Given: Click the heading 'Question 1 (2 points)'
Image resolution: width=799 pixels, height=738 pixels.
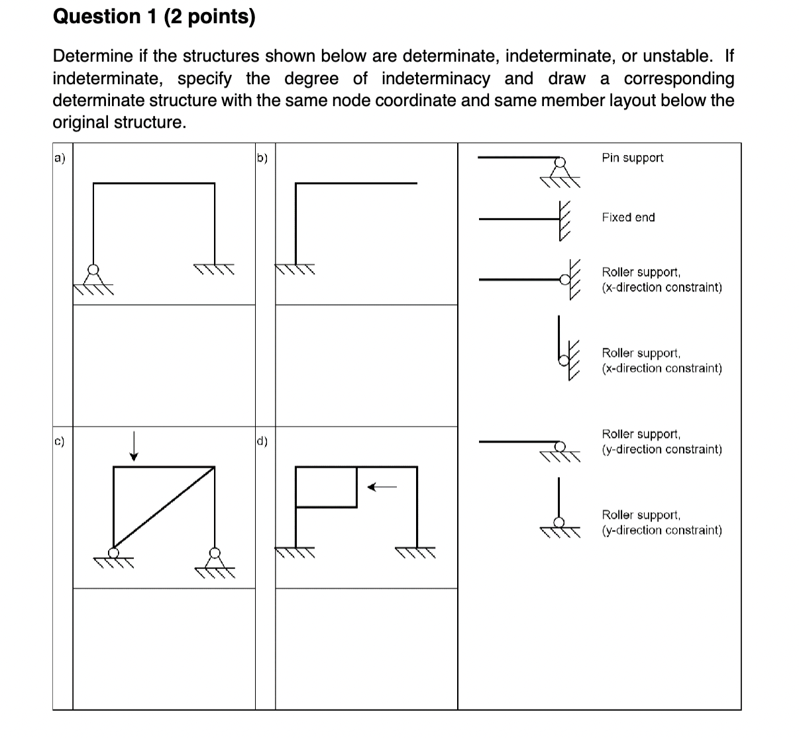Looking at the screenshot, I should click(154, 17).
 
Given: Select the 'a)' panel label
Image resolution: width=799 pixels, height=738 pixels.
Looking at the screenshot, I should click(60, 158).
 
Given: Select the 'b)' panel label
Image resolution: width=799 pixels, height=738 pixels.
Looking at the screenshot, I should click(262, 158).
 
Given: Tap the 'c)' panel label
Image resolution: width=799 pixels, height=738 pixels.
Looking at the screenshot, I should click(60, 441).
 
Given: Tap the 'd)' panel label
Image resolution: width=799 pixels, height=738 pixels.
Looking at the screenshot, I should click(262, 441).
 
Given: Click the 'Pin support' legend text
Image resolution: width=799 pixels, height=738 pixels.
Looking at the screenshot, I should click(632, 158).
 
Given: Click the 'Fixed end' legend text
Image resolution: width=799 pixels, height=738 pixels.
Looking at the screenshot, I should click(628, 217).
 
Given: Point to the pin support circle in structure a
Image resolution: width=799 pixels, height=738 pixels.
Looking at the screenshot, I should click(94, 270).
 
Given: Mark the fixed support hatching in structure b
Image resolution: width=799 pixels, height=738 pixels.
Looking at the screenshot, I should click(295, 270).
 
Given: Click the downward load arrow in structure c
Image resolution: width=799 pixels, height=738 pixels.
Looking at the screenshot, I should click(134, 445).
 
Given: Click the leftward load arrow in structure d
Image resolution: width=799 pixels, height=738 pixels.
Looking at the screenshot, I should click(382, 488).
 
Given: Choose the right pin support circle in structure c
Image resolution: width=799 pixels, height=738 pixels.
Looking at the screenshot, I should click(214, 553).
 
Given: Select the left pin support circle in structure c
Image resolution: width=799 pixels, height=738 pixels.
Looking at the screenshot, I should click(114, 553).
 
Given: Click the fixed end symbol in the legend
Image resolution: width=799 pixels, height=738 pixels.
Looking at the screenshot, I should click(564, 219).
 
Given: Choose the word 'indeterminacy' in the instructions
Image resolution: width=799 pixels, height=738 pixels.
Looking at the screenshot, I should click(435, 79).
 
